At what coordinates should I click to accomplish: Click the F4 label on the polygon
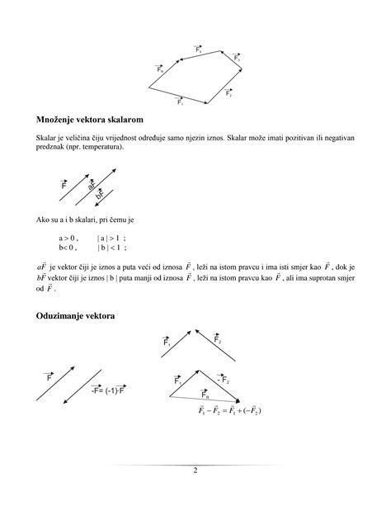[199, 50]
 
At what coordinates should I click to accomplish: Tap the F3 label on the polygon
[237, 59]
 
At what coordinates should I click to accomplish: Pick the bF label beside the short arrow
[100, 196]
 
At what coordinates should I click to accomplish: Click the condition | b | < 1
[111, 247]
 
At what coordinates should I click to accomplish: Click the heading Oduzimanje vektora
[79, 317]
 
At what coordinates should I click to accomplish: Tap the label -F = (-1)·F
[107, 390]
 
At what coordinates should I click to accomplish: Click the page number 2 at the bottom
[195, 471]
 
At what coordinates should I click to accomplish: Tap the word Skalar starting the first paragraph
[46, 138]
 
